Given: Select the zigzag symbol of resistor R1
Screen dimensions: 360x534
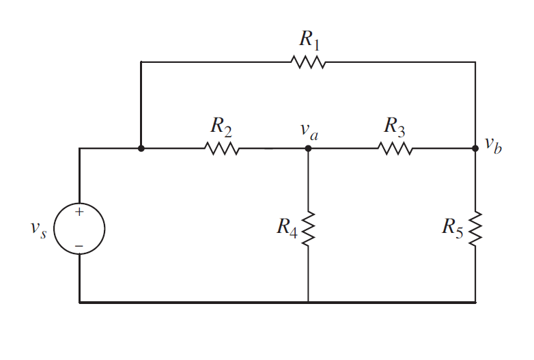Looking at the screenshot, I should click(x=308, y=62).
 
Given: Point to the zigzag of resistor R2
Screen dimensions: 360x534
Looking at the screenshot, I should click(x=221, y=148).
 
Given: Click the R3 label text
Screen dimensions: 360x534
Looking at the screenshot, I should click(x=395, y=126).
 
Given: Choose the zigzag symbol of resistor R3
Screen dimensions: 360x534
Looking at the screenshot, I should click(x=395, y=148).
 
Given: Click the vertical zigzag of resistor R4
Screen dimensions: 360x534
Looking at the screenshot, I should click(x=308, y=227).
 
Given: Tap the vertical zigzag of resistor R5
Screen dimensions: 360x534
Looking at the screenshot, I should click(x=475, y=227).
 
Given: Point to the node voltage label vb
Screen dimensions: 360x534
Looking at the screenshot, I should click(x=493, y=145).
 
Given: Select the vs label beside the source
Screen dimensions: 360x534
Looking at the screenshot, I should click(x=38, y=230).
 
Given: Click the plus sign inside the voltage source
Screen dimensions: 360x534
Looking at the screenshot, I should click(x=79, y=212).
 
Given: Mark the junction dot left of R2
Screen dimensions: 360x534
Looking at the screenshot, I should click(x=141, y=148).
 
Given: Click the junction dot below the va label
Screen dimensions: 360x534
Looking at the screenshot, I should click(x=308, y=148).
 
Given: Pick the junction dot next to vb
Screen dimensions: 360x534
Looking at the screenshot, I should click(x=475, y=148).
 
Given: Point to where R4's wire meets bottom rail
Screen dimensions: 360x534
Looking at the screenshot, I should click(x=308, y=301).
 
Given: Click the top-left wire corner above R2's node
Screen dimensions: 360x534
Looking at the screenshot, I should click(x=141, y=62).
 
